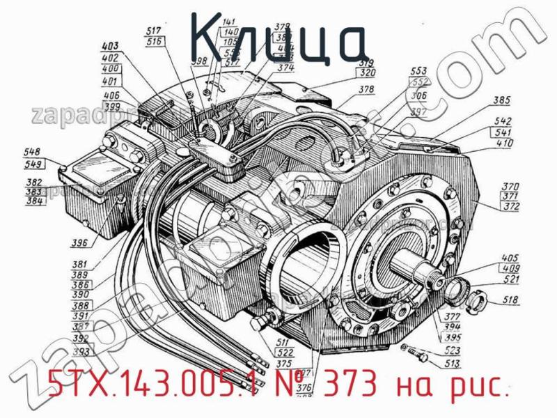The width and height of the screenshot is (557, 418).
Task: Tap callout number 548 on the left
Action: (x=31, y=152)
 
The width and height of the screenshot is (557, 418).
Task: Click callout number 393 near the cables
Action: (x=81, y=352)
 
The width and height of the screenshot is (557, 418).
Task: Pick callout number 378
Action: (x=367, y=89)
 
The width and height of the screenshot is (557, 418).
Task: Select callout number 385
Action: (x=501, y=100)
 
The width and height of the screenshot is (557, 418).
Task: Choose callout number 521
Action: (x=512, y=279)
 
